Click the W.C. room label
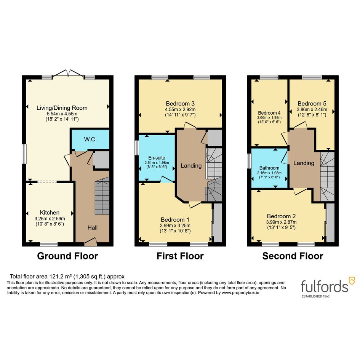click(90, 139)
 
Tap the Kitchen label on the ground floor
click(50, 212)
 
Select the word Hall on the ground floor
click(93, 227)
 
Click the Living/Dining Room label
click(62, 108)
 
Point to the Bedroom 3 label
click(180, 104)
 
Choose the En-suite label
click(157, 158)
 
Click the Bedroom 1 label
click(175, 220)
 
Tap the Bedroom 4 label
click(269, 113)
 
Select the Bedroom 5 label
click(312, 104)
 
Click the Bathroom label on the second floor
click(269, 168)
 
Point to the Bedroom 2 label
click(281, 216)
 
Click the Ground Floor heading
click(67, 256)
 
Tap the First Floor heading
click(180, 256)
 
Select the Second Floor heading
click(293, 256)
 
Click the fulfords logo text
click(325, 286)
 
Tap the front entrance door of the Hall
click(90, 242)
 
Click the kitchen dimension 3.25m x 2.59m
click(50, 219)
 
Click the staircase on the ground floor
click(102, 196)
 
